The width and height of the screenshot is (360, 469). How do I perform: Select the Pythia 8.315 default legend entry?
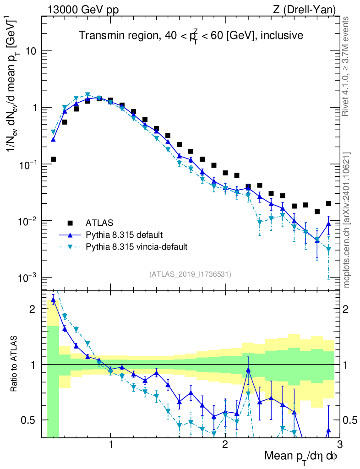pos(124,235)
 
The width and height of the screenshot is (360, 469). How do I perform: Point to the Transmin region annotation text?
pos(191,36)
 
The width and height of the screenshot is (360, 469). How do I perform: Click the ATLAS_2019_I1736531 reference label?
pos(190,274)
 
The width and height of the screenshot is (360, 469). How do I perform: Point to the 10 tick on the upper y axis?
pos(31,51)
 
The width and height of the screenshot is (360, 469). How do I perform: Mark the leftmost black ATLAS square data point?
pos(53,159)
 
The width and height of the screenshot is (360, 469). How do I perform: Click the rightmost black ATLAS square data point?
pos(328,203)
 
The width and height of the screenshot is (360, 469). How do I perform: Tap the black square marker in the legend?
pos(70,223)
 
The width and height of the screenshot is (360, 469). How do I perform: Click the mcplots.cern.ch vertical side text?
pos(347,220)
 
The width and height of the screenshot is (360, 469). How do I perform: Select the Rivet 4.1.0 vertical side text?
pos(347,66)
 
